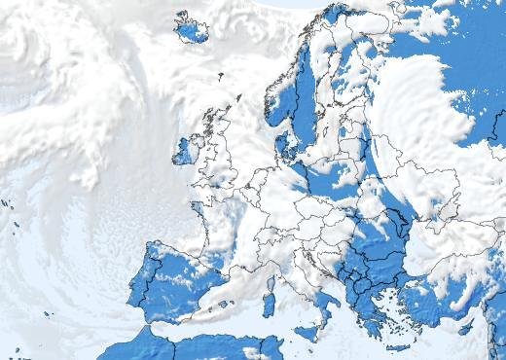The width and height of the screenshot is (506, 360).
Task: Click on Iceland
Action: [192, 29]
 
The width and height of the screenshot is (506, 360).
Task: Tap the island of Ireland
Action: [184, 151]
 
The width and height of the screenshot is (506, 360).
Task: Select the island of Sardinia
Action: [269, 305]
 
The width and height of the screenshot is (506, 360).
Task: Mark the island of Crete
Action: [398, 347]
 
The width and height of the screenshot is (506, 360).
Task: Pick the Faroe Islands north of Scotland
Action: [220, 75]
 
